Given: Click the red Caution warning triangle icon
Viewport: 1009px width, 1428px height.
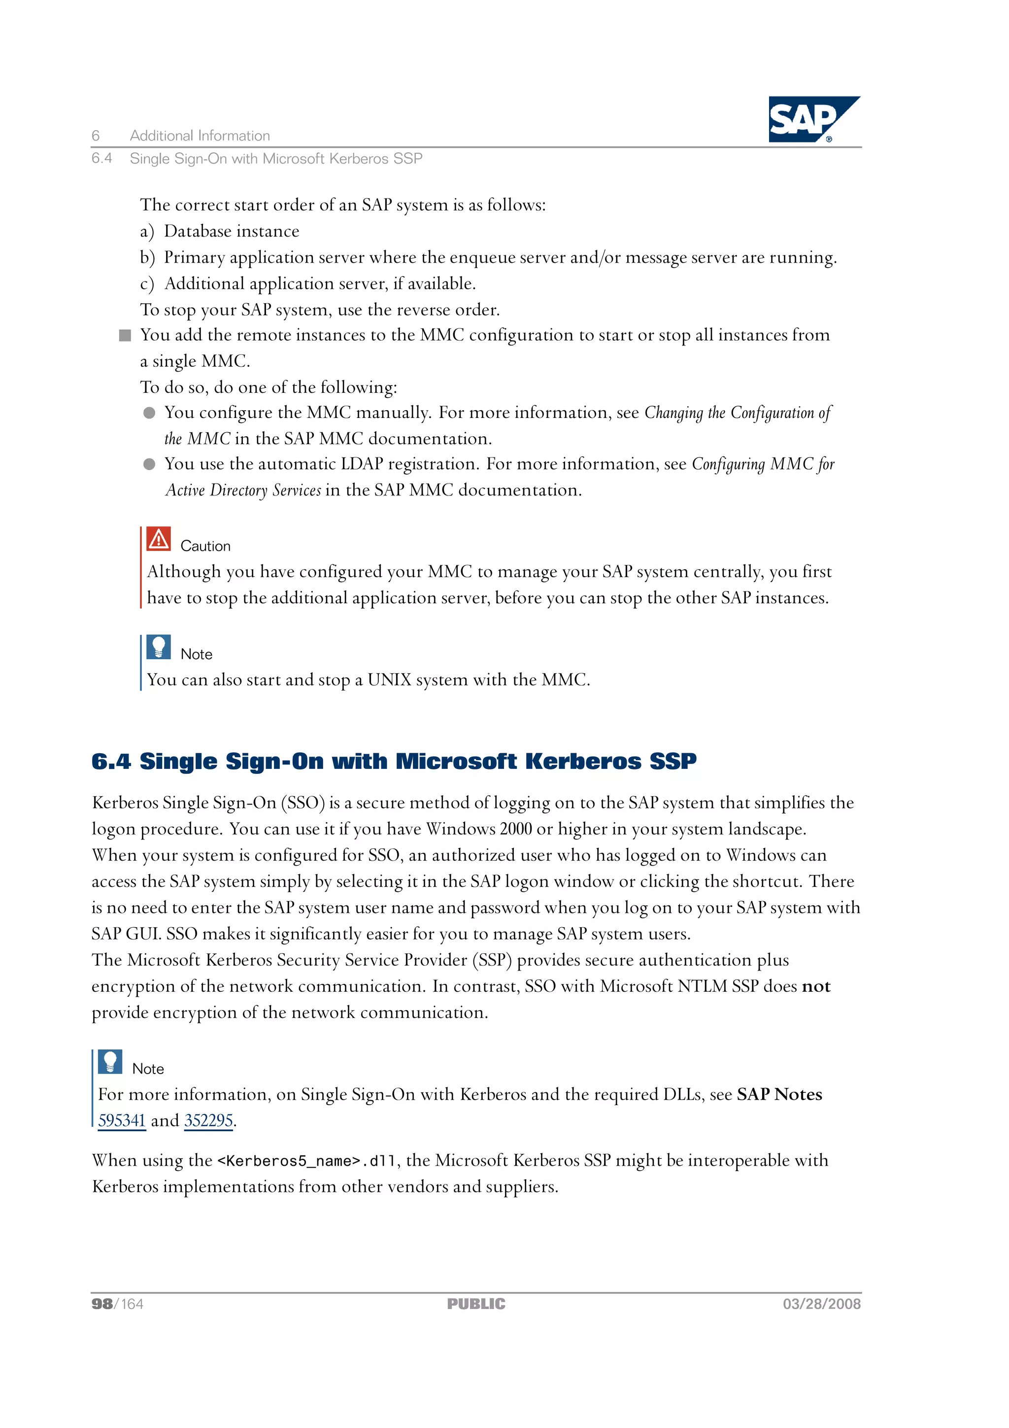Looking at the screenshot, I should click(x=159, y=539).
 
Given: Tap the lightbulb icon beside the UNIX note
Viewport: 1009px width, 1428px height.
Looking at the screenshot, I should click(x=159, y=647).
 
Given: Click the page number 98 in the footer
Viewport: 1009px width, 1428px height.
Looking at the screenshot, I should click(x=102, y=1304).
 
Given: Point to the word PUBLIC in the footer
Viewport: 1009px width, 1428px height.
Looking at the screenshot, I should click(x=476, y=1304).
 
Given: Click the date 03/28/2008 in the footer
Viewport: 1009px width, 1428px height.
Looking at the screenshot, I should click(x=821, y=1304).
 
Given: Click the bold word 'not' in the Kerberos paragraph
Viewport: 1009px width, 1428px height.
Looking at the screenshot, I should click(x=816, y=986).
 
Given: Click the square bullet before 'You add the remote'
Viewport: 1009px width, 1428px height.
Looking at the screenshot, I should click(x=125, y=335).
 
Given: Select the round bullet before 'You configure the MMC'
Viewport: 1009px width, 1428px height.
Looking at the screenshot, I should click(x=149, y=413).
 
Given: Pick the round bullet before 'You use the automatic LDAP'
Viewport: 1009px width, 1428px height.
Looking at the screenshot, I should click(x=149, y=464).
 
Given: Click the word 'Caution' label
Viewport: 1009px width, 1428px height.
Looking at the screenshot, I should click(x=205, y=546).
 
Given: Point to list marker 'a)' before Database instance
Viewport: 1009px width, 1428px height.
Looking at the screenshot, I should click(x=147, y=231).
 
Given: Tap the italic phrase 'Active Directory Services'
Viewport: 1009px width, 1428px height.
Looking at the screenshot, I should click(x=243, y=490).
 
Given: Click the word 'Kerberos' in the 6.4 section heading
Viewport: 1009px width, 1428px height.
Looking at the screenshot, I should click(x=582, y=761).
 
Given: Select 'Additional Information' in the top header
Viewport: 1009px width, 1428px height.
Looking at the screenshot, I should click(x=200, y=136).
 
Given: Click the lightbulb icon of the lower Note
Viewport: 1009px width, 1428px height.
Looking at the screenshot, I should click(x=110, y=1062).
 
